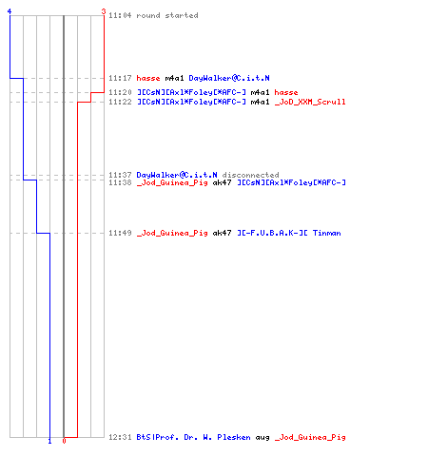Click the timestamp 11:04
120,15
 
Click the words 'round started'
167,15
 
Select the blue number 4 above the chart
10,11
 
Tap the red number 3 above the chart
104,11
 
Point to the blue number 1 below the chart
49,441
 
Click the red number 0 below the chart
64,441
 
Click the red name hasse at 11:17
148,78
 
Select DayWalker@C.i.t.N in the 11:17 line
229,78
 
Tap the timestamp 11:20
120,92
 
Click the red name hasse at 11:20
286,92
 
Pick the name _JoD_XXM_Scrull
310,102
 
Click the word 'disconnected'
250,175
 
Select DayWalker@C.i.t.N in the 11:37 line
177,175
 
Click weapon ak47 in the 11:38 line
222,182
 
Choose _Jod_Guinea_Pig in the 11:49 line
172,233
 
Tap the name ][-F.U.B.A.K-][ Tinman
289,233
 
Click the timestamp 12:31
120,437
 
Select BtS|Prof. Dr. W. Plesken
193,437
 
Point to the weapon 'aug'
263,438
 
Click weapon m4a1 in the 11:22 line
260,102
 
